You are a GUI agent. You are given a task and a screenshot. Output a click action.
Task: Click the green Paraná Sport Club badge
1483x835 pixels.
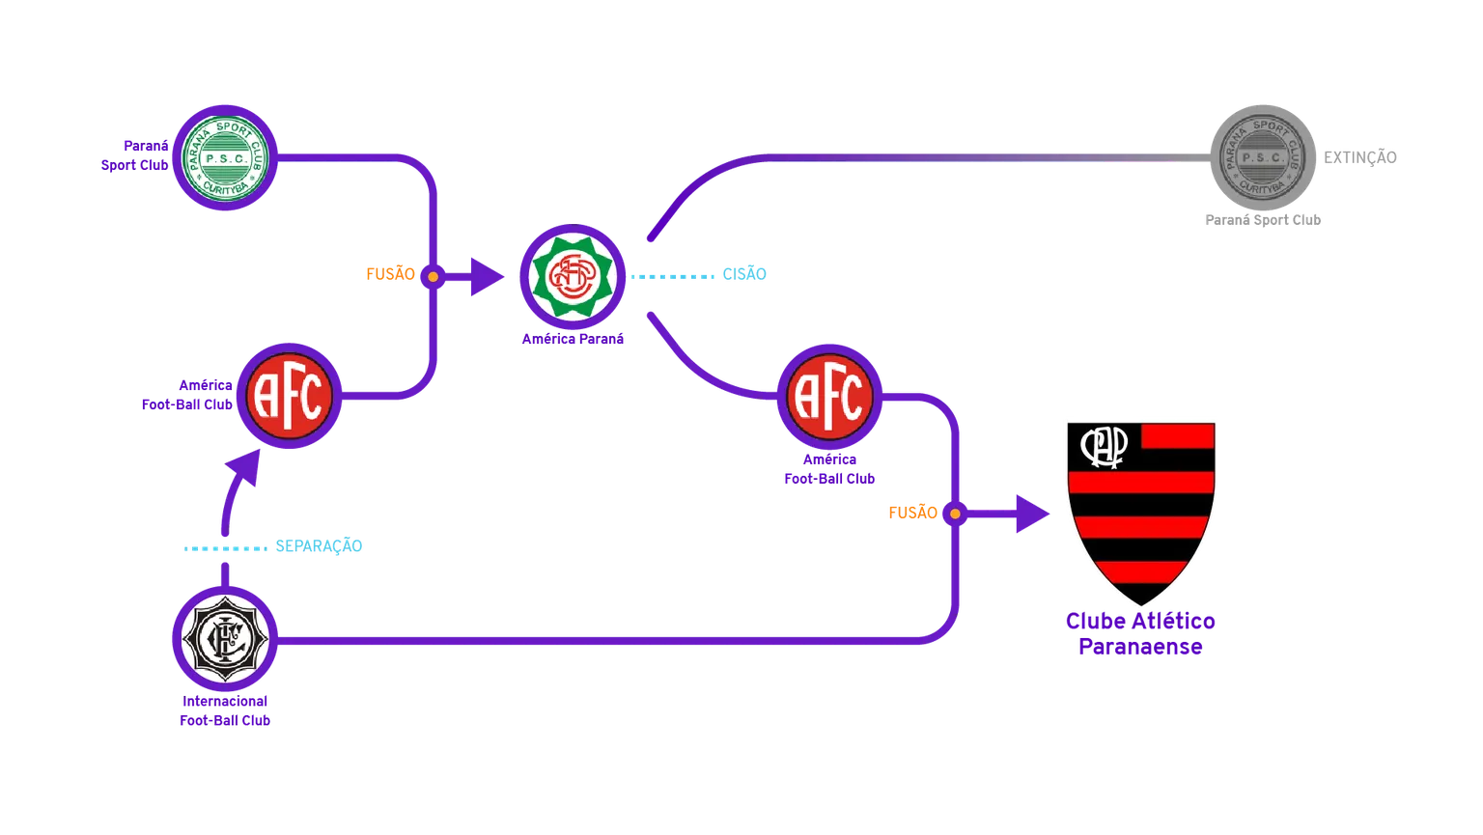(x=225, y=156)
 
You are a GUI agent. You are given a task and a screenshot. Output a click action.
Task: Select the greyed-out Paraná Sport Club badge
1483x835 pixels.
(x=1260, y=155)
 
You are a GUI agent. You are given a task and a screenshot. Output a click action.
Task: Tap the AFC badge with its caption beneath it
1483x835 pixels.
(x=829, y=397)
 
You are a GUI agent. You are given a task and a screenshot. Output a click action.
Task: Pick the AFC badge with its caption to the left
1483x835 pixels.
(x=289, y=397)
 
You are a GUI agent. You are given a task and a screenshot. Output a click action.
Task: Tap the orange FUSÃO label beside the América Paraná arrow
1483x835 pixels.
(x=390, y=273)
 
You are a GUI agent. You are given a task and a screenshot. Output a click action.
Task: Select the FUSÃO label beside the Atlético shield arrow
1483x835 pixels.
(x=913, y=512)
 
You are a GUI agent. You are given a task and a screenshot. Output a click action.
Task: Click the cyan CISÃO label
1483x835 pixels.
(x=744, y=273)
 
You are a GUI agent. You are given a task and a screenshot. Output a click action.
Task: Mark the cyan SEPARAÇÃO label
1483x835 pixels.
(x=319, y=545)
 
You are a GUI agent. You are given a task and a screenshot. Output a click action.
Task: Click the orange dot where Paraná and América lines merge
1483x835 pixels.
(x=433, y=277)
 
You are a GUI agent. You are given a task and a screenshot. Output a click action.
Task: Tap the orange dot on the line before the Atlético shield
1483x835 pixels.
(x=955, y=514)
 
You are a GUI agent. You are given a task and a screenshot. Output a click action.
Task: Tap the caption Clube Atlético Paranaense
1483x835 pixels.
(x=1140, y=633)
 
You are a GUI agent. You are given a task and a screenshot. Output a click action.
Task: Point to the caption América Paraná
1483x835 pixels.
(x=573, y=339)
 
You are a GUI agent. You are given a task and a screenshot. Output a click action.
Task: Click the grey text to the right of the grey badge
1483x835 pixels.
(x=1361, y=155)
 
